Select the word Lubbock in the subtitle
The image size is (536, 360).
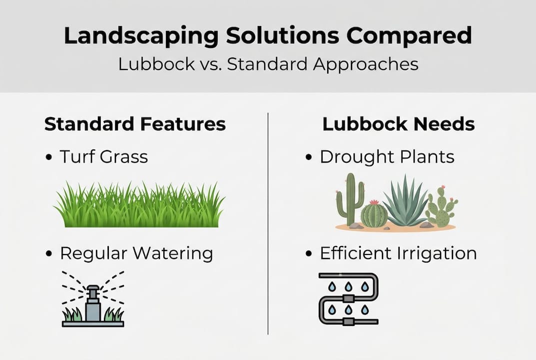point(156,64)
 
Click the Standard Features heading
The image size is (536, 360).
point(135,124)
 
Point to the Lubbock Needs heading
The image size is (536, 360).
point(399,124)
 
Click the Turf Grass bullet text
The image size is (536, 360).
point(104,156)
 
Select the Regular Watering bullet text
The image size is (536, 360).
point(136,253)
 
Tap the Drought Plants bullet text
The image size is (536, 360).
point(387,157)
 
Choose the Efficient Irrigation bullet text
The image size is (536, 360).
point(398,253)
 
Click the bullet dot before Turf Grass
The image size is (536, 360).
point(49,157)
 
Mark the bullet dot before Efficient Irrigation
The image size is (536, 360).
point(309,254)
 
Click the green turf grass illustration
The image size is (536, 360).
point(139,204)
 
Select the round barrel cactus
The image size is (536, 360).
point(374,214)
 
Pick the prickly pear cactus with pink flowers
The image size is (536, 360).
point(441,206)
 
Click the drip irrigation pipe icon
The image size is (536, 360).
point(348,298)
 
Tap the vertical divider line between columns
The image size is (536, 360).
point(268,223)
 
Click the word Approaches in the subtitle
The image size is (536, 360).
point(366,64)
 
